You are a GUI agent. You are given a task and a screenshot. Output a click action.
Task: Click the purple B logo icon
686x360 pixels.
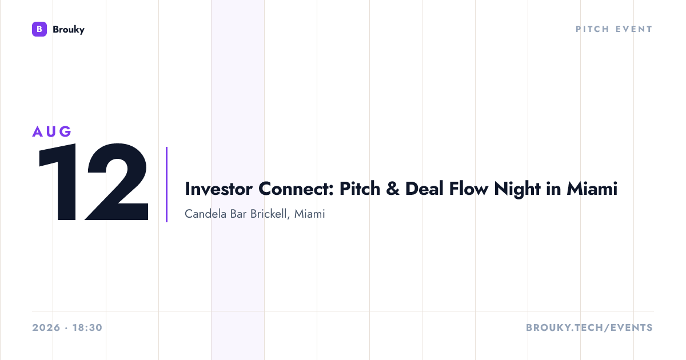coord(39,29)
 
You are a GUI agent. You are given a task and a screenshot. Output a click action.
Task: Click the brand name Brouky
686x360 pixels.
coord(69,29)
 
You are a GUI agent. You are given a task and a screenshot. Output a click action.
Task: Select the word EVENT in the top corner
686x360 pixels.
coord(634,29)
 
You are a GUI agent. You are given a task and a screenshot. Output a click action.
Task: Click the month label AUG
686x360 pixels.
coord(52,131)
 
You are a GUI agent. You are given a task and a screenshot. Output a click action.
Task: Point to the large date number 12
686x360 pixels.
coord(93,182)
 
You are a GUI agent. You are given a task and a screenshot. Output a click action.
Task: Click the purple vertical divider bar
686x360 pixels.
coord(166,185)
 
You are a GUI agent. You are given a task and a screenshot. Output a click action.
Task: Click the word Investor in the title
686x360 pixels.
coord(218,189)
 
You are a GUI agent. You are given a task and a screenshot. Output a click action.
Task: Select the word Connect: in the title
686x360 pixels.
coord(296,189)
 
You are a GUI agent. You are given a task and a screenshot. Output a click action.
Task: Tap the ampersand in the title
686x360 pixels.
coord(393,189)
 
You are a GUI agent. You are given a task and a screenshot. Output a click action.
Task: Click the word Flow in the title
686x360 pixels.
coord(469,189)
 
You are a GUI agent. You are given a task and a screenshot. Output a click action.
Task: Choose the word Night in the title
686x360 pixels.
coord(517,190)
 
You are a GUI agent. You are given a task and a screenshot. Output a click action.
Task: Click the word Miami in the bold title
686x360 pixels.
coord(592,189)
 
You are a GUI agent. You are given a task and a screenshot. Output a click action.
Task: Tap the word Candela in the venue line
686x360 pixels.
coord(206,214)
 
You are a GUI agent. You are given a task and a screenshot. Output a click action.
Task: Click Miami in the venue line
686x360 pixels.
coord(310,214)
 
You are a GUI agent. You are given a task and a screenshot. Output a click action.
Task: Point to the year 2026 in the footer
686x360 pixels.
coord(46,327)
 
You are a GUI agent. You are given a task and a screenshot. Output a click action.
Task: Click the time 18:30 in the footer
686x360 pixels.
coord(87,327)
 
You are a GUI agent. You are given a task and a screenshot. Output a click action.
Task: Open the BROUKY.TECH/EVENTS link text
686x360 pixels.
coord(589,327)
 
